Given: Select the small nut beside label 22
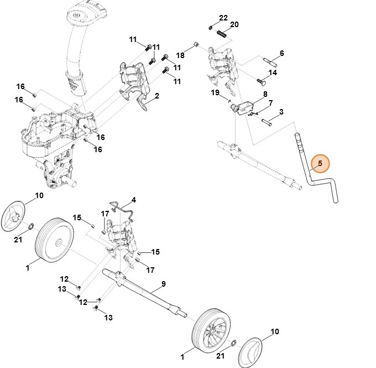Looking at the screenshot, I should tap(211, 26).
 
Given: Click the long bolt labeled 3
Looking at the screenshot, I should tap(266, 121).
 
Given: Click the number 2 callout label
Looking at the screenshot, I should tap(156, 96).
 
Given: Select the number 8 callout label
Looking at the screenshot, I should tap(265, 95).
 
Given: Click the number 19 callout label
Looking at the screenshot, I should tap(215, 92).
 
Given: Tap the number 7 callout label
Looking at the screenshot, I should tap(270, 103).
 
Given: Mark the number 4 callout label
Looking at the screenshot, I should tap(133, 199).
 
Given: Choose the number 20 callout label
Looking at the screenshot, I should tap(234, 25).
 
